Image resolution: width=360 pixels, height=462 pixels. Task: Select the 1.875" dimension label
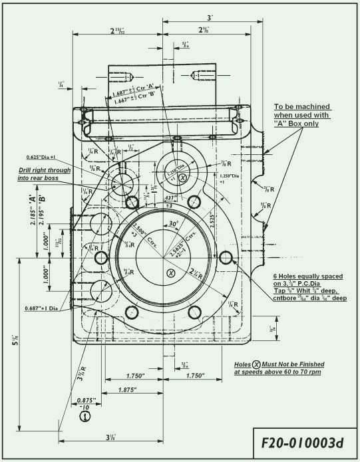pyautogui.click(x=130, y=390)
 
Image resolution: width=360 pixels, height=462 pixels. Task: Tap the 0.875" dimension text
pyautogui.click(x=86, y=401)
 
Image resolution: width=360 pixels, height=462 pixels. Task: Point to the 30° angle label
pyautogui.click(x=174, y=224)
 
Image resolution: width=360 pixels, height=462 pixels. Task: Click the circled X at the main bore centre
pyautogui.click(x=170, y=273)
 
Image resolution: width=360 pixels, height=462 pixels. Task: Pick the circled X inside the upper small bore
pyautogui.click(x=184, y=177)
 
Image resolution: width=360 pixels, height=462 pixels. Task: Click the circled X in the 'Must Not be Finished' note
pyautogui.click(x=256, y=365)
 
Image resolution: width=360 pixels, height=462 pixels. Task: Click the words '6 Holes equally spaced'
pyautogui.click(x=307, y=276)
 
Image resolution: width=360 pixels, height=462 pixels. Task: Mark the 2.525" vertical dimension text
pyautogui.click(x=212, y=221)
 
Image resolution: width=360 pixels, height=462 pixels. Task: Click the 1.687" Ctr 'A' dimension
pyautogui.click(x=134, y=92)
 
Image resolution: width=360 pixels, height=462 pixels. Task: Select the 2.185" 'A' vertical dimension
pyautogui.click(x=31, y=208)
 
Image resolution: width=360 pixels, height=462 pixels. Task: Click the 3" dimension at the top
pyautogui.click(x=210, y=17)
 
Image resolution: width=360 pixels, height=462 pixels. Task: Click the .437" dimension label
pyautogui.click(x=171, y=198)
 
